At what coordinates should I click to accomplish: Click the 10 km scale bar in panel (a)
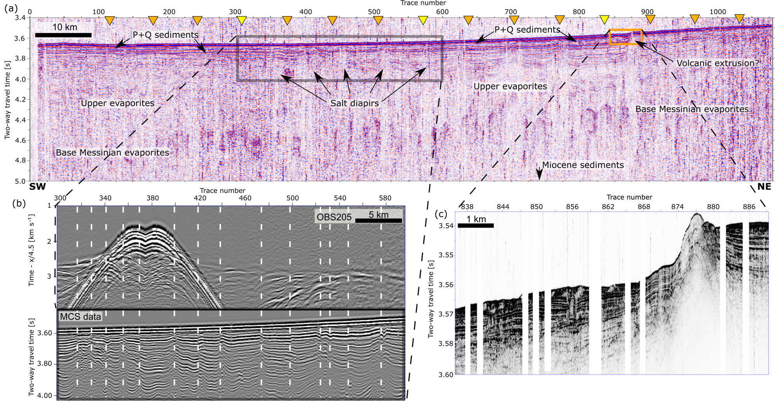pos(63,35)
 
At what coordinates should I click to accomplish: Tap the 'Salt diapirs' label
pos(354,103)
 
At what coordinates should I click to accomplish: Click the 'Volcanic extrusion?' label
pos(717,63)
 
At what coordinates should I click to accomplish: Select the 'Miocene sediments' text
pos(583,165)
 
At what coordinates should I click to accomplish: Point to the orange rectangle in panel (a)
pos(625,37)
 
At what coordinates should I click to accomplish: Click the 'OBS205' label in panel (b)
pos(334,217)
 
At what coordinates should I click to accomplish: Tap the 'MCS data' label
pos(80,317)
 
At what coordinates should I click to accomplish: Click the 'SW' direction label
pos(37,187)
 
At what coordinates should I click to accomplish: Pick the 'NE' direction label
pos(764,187)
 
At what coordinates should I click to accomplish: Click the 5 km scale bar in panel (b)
pos(378,221)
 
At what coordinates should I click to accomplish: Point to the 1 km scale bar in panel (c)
pos(476,225)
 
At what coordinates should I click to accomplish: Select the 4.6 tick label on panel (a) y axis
pos(20,140)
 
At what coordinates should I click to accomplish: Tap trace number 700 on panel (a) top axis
pos(511,12)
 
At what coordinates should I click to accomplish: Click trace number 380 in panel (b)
pos(152,198)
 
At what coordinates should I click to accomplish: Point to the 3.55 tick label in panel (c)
pos(446,255)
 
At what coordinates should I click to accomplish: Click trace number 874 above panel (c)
pos(677,207)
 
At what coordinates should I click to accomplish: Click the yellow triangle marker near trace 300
pos(242,20)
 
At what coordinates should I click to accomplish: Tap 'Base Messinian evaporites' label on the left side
pos(112,152)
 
